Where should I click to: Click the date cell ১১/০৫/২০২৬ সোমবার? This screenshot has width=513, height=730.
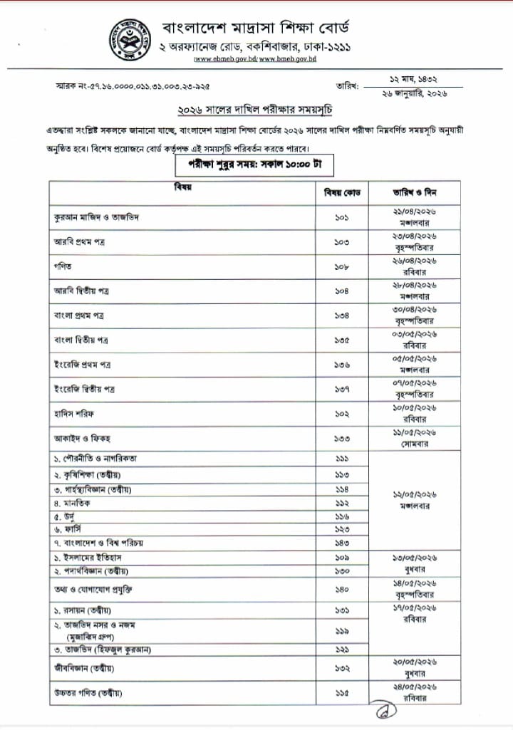tap(415, 438)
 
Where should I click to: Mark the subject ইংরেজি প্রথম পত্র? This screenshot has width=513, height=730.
tap(83, 365)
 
